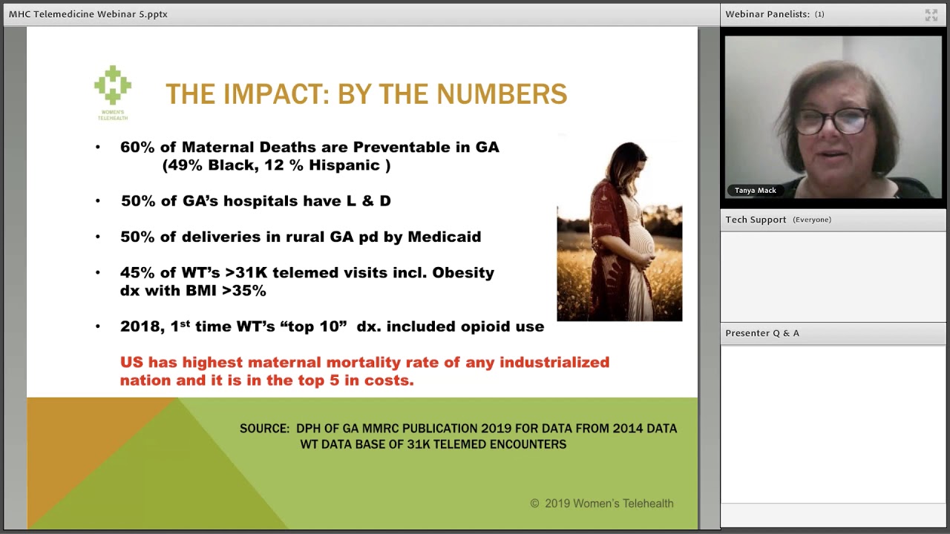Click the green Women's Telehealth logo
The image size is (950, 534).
point(113,87)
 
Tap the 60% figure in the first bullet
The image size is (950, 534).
point(137,147)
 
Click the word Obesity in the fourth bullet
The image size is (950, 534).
point(463,272)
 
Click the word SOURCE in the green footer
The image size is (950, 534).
point(264,428)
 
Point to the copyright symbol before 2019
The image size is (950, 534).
point(534,504)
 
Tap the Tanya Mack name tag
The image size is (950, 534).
point(755,191)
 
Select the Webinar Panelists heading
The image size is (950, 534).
point(767,14)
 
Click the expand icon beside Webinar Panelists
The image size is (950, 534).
point(931,15)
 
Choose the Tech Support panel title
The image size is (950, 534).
point(756,220)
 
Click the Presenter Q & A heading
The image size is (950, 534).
point(762,333)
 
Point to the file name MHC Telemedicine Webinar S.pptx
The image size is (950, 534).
point(88,14)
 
